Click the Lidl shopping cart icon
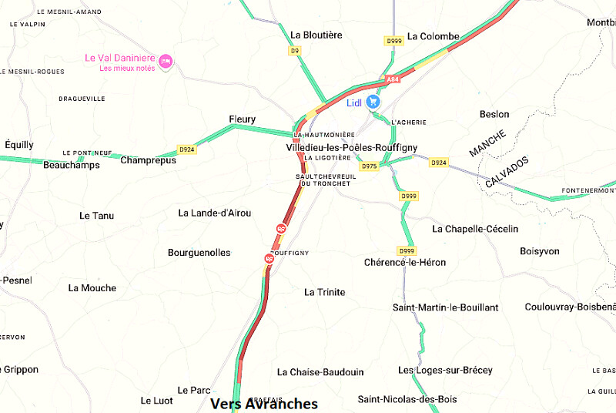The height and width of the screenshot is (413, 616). pyautogui.click(x=373, y=102)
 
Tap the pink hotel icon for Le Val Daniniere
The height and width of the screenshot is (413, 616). pyautogui.click(x=166, y=59)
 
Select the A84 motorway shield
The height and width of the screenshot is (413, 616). pyautogui.click(x=393, y=79)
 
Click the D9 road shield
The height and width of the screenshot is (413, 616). pyautogui.click(x=294, y=51)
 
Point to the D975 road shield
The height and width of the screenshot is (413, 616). pyautogui.click(x=370, y=166)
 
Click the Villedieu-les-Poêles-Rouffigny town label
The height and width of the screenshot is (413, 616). pyautogui.click(x=351, y=146)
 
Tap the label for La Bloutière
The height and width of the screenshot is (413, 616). pyautogui.click(x=316, y=35)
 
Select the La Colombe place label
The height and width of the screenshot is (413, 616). pyautogui.click(x=433, y=36)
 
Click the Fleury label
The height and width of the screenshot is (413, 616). pyautogui.click(x=242, y=119)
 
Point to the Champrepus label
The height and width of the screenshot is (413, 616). pyautogui.click(x=148, y=160)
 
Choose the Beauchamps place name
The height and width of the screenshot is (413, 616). pyautogui.click(x=72, y=165)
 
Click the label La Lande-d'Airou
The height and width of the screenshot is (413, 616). pyautogui.click(x=214, y=213)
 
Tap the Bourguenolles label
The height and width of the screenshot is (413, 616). pyautogui.click(x=199, y=253)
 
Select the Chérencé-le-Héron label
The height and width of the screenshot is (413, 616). pyautogui.click(x=404, y=262)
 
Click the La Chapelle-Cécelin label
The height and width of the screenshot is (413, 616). pyautogui.click(x=475, y=229)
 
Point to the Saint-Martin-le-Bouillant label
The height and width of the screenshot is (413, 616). pyautogui.click(x=445, y=307)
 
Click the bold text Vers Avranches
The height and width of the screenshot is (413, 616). pyautogui.click(x=263, y=404)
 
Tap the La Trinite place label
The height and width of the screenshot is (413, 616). pyautogui.click(x=324, y=292)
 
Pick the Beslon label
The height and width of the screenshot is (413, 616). pyautogui.click(x=494, y=114)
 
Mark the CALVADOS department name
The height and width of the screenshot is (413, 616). pyautogui.click(x=507, y=172)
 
